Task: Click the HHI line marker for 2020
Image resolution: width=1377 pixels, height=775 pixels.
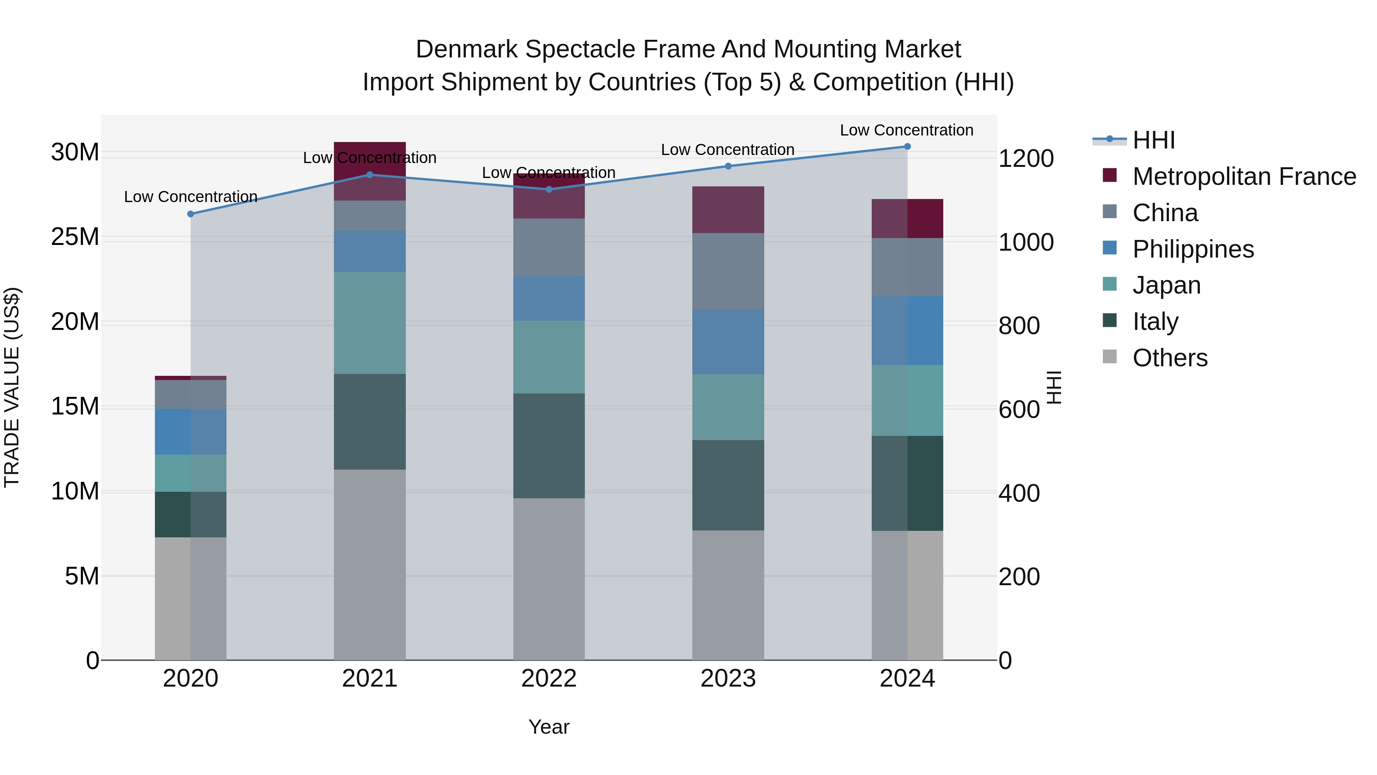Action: point(191,214)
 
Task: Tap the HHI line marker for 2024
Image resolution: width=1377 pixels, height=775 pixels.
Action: point(907,147)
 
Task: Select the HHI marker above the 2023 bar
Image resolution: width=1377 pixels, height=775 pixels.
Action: point(728,166)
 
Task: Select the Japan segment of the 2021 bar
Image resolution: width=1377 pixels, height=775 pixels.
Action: point(370,323)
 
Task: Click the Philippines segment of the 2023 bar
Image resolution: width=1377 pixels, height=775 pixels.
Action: point(728,342)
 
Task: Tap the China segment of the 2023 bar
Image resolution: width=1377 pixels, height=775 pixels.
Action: point(728,271)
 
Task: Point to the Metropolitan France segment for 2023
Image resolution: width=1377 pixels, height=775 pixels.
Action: point(728,210)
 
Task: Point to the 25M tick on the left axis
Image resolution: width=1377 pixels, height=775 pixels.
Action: point(75,237)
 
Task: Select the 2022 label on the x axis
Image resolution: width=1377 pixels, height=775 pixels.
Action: point(549,679)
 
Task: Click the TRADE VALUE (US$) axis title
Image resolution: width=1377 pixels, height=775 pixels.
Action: point(12,387)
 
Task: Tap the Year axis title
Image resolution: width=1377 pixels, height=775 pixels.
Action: point(549,727)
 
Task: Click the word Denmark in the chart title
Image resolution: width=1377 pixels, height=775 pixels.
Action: point(467,49)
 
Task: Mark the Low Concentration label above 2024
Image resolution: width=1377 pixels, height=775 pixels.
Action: point(907,130)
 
